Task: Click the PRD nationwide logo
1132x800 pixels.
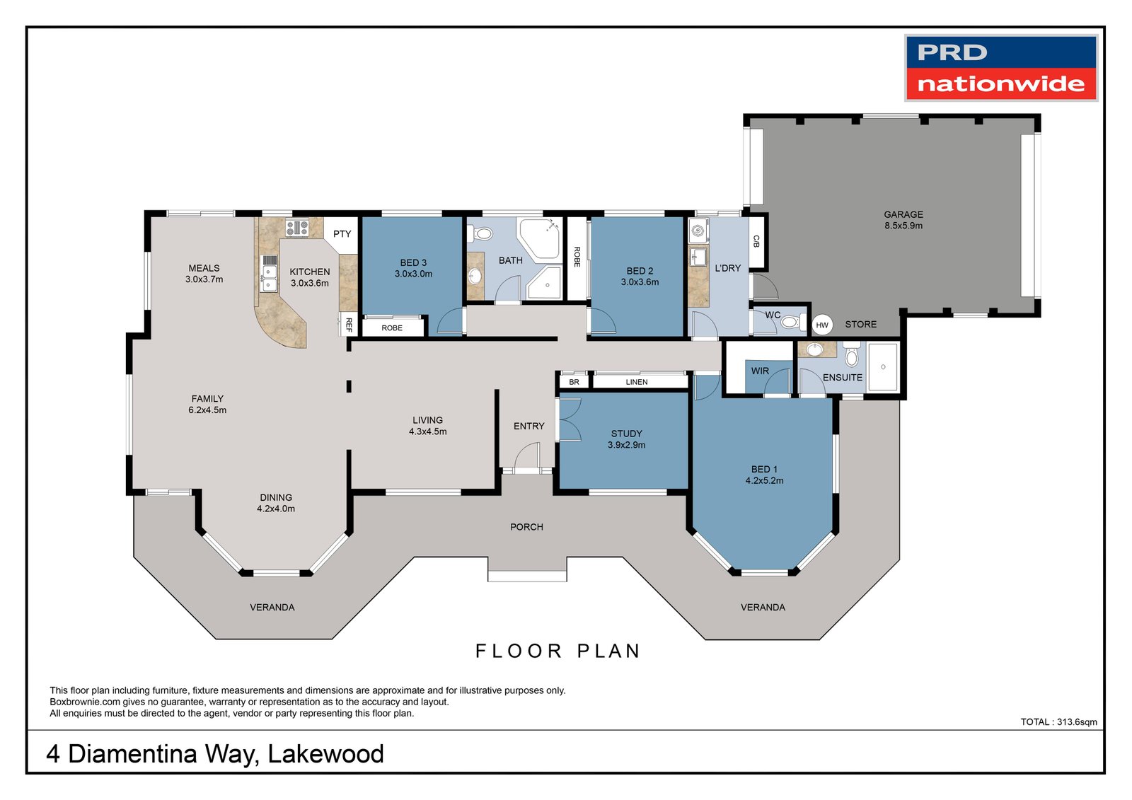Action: (1000, 68)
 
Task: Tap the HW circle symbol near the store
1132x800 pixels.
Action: (821, 325)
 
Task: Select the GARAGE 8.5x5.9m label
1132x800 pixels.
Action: (903, 220)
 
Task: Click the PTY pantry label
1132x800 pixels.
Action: (342, 234)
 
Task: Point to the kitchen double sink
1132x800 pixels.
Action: (269, 273)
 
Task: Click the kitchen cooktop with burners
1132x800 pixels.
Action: (296, 228)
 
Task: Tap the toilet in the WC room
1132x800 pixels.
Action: (790, 323)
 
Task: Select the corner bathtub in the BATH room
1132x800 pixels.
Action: (539, 233)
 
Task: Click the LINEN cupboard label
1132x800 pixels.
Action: (636, 382)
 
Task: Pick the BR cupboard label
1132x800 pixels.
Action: (574, 382)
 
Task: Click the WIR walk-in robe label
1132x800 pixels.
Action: (760, 371)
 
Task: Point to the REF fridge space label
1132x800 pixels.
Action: (348, 325)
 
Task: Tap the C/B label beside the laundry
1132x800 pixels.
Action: (756, 241)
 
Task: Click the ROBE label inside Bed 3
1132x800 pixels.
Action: (392, 328)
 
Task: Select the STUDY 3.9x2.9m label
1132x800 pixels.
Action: (626, 439)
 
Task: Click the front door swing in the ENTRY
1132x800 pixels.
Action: (527, 456)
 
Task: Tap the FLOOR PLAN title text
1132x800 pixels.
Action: (558, 651)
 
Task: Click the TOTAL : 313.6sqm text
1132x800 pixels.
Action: (1058, 722)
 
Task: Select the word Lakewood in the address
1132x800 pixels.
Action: (325, 754)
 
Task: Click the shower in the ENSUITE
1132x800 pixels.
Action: (882, 367)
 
